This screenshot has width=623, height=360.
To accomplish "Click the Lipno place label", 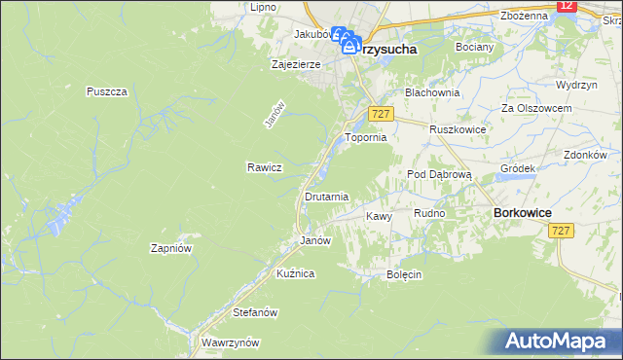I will point(263,7).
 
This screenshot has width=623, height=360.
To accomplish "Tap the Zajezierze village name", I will point(295,65).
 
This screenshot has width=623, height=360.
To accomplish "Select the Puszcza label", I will point(107,91).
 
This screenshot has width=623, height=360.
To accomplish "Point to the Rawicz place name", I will point(264,167).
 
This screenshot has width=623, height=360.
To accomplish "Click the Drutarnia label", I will point(326,197).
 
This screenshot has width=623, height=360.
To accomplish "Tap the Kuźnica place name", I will point(295,274).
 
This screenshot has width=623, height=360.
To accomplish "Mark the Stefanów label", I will point(256,313).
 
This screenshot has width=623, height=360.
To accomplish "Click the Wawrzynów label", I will point(229,343).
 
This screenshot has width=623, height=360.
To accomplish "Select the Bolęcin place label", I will point(403,274).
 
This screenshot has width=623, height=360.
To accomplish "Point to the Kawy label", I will point(379,216).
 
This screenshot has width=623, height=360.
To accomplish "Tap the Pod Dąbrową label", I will point(439,174).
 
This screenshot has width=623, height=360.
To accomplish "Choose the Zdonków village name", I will point(585,155).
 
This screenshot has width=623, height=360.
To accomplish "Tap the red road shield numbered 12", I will point(568,6).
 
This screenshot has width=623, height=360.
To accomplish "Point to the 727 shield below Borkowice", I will point(560,230).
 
